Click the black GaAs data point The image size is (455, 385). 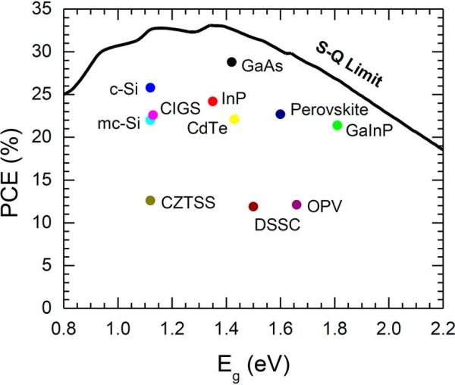click(x=232, y=62)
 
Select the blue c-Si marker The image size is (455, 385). click(x=150, y=88)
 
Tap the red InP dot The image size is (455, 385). click(x=213, y=101)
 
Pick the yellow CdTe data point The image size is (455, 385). click(x=234, y=119)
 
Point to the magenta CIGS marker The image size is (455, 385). click(x=152, y=115)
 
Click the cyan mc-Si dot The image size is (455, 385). click(x=150, y=121)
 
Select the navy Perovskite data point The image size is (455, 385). click(x=281, y=114)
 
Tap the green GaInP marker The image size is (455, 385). click(x=337, y=125)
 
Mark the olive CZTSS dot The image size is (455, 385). click(x=150, y=200)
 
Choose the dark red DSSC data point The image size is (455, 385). click(x=253, y=206)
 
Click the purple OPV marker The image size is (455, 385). click(x=297, y=205)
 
